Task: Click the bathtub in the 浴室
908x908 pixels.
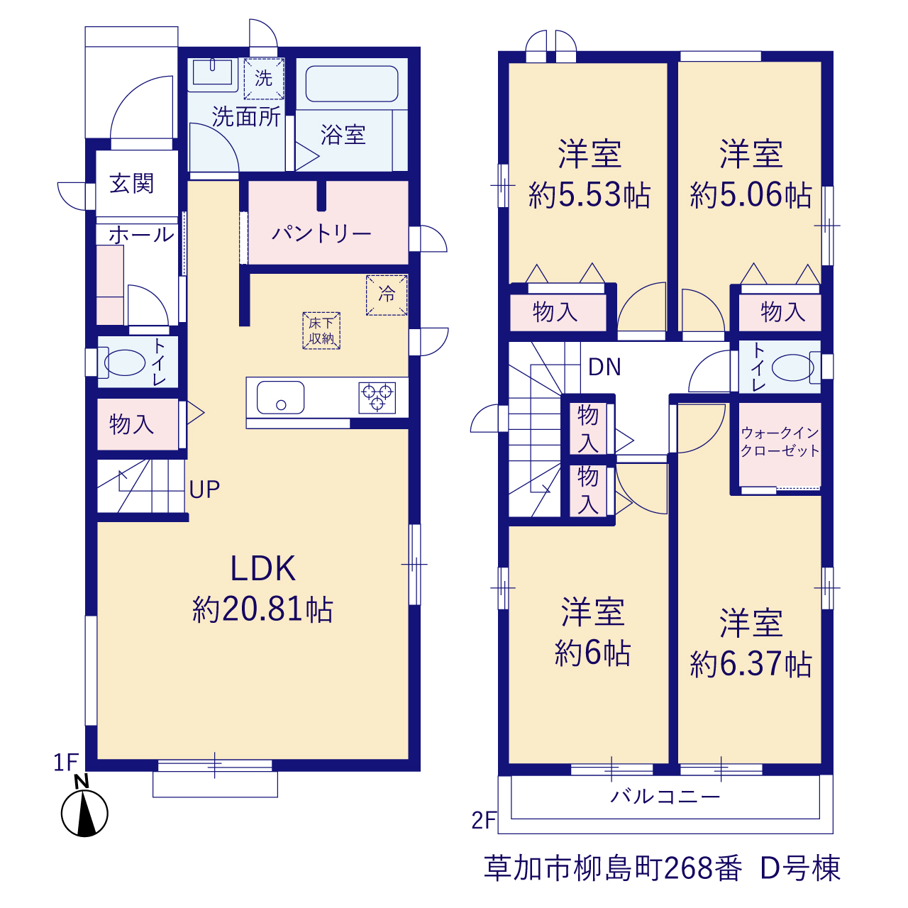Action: click(352, 84)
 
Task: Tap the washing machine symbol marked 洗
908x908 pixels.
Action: click(263, 79)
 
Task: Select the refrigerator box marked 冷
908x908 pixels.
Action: click(387, 295)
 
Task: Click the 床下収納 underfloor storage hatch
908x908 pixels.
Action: click(321, 331)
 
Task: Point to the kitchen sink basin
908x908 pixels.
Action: click(280, 397)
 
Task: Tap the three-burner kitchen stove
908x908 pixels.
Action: click(377, 398)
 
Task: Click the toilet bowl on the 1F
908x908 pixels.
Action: click(124, 362)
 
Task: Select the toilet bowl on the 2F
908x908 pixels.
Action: click(793, 367)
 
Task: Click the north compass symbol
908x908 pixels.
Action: click(84, 813)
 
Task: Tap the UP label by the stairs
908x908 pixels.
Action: click(204, 489)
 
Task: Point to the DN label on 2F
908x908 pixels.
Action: click(604, 367)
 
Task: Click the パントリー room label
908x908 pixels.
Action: click(322, 233)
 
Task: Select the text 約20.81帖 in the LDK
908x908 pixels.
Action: click(262, 610)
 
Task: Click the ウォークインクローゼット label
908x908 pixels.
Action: click(780, 441)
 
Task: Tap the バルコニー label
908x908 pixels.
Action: click(665, 797)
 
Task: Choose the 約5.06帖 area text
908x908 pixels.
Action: click(751, 195)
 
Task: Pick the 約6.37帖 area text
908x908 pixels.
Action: click(751, 665)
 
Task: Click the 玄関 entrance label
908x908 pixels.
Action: click(131, 183)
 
